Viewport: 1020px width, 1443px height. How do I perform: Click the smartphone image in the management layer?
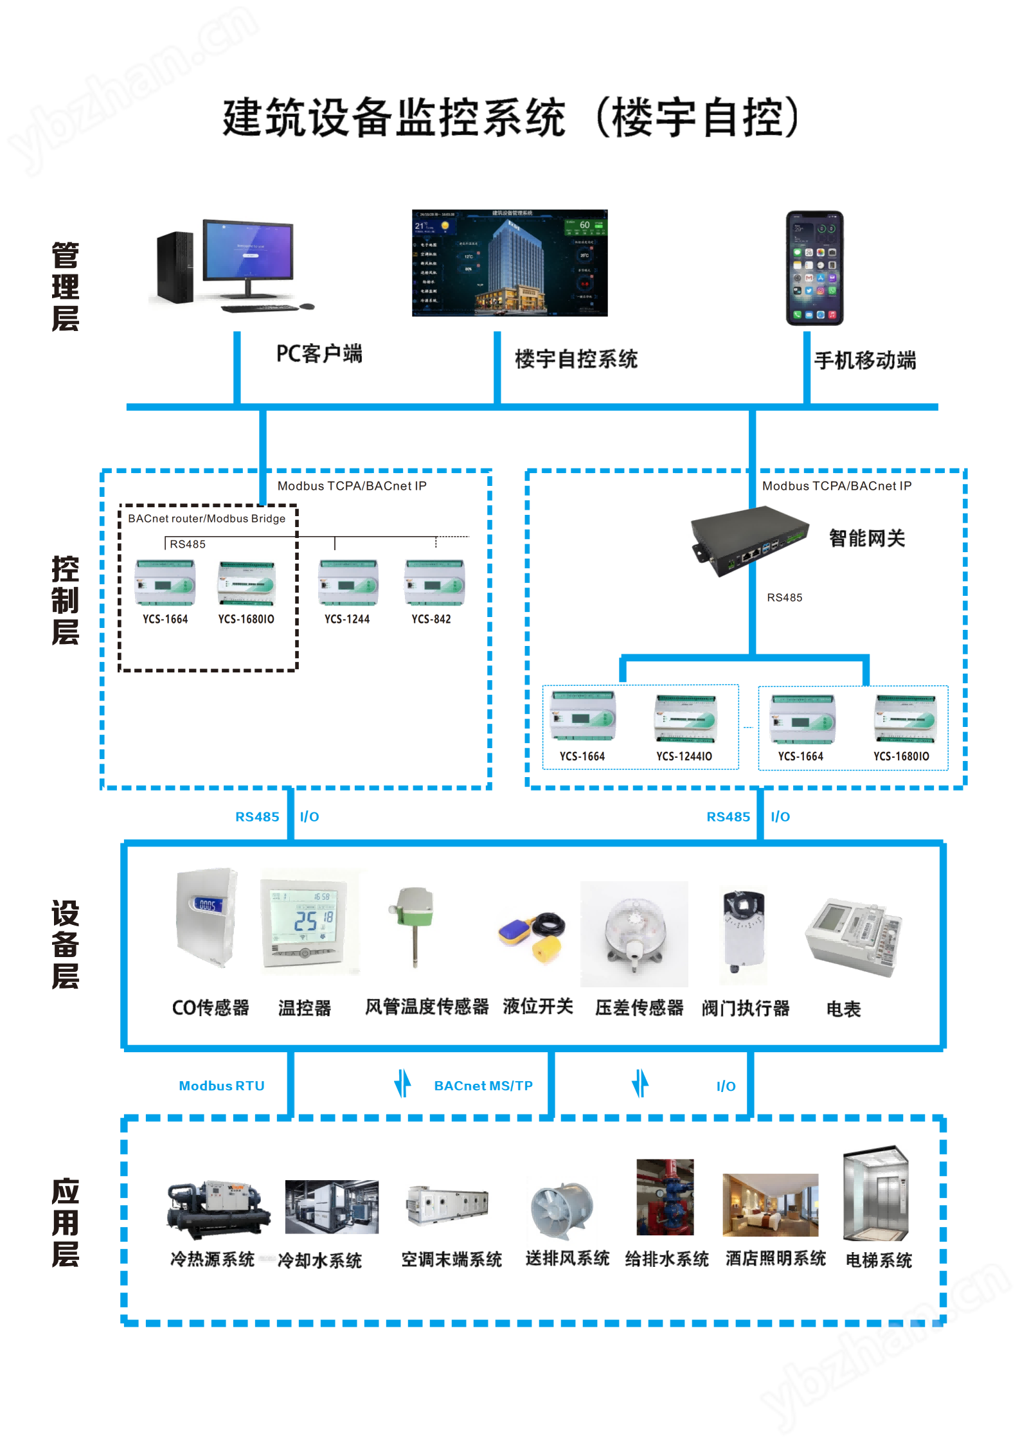click(x=814, y=268)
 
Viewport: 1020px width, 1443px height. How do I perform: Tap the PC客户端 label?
click(x=319, y=354)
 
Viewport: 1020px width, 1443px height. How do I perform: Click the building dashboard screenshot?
click(x=510, y=263)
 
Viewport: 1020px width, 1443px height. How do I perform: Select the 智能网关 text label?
click(x=866, y=538)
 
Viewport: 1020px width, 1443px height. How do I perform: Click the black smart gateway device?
click(x=748, y=539)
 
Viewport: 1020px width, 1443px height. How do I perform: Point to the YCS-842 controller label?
click(x=431, y=619)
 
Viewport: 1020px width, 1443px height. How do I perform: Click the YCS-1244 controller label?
click(x=347, y=619)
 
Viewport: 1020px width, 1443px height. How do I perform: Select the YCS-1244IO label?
click(x=684, y=757)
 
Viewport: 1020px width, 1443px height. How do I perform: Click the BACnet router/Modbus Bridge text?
click(x=206, y=519)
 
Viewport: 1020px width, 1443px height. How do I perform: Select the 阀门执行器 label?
click(x=746, y=1008)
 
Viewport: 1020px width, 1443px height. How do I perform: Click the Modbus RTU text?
click(x=222, y=1086)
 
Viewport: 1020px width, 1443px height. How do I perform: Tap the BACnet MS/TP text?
click(x=483, y=1086)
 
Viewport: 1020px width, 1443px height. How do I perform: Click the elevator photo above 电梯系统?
click(x=876, y=1194)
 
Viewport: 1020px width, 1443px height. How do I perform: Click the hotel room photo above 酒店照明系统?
click(x=770, y=1205)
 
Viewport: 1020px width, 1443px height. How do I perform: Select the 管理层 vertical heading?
click(x=65, y=287)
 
